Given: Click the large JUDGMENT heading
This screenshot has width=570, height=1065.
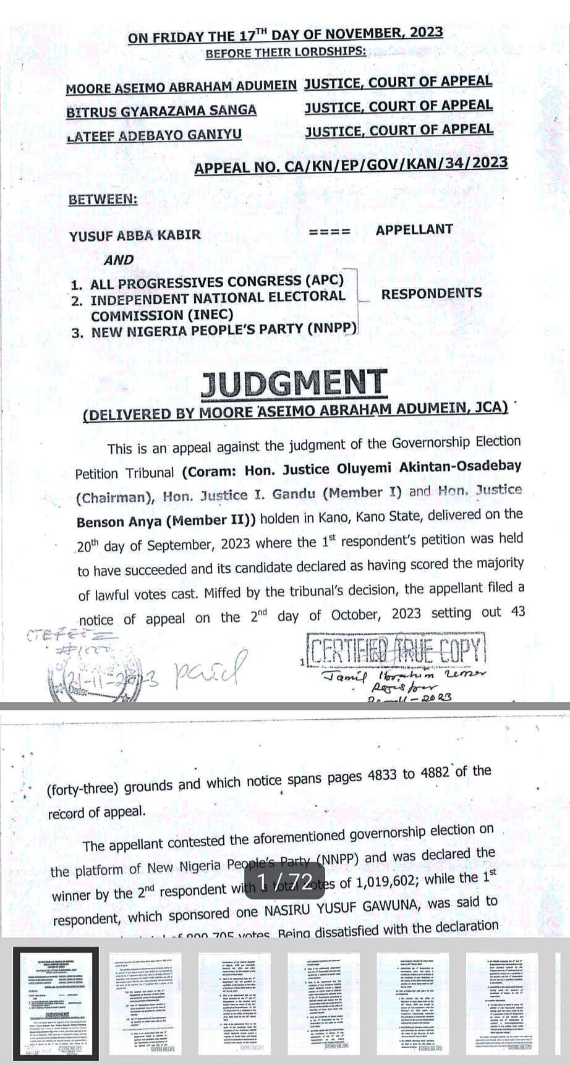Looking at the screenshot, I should click(294, 384).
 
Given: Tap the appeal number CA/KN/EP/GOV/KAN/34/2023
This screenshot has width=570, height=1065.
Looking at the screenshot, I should click(351, 165).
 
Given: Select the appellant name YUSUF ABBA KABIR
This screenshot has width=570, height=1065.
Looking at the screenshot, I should click(135, 235).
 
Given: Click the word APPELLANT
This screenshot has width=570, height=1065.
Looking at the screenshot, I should click(414, 229).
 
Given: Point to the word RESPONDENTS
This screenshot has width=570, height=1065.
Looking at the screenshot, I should click(431, 294).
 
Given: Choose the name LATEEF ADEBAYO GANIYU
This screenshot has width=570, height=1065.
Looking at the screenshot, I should click(154, 135).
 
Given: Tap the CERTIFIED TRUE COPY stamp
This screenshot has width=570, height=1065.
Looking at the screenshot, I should click(396, 651).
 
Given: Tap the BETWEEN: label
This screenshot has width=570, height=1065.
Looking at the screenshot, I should click(103, 200).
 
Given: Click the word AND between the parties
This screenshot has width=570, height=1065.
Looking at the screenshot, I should click(119, 260).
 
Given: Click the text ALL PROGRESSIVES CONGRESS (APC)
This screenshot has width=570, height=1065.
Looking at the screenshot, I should click(216, 282).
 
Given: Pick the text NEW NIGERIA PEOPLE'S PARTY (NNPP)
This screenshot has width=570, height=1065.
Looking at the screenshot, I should click(224, 331).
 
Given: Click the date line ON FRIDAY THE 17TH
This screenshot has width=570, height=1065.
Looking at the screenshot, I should click(285, 35).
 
